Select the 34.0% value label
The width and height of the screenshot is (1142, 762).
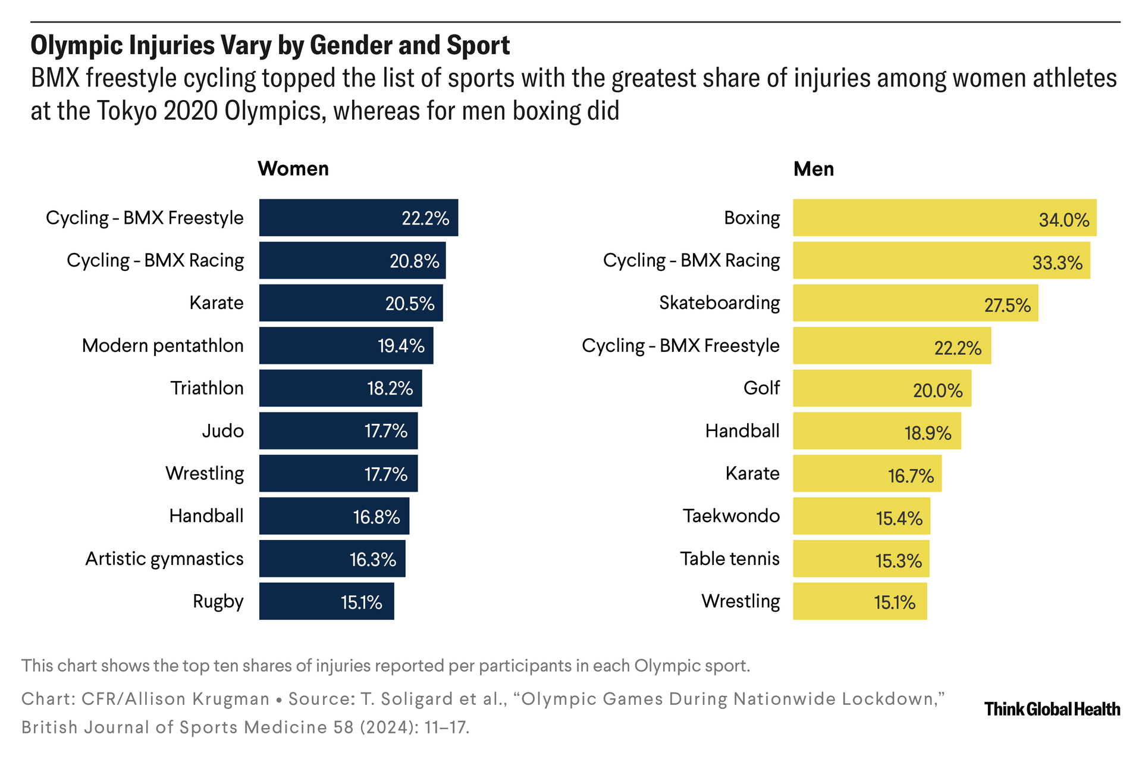point(1063,220)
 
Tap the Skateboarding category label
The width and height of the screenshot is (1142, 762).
point(719,303)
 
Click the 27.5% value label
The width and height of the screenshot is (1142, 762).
point(1007,305)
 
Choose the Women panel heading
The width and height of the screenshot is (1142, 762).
point(293,169)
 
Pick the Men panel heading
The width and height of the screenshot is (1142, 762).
point(813,169)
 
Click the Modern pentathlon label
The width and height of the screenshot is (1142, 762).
point(162,346)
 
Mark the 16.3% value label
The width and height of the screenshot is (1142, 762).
point(372,560)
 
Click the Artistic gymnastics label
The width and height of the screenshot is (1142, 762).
point(164,559)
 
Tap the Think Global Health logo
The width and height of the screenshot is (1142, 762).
point(1052,709)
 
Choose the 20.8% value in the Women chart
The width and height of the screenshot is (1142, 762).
point(414,261)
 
